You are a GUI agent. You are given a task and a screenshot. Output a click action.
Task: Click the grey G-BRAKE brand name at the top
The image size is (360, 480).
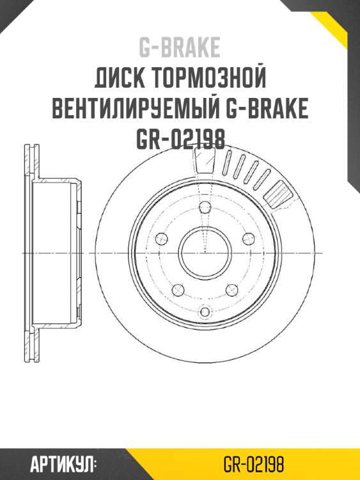click(x=180, y=47)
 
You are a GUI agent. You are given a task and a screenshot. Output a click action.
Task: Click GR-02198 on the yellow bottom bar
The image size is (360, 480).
click(x=254, y=463)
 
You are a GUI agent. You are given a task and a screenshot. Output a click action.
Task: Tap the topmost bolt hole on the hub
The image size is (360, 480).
click(x=205, y=207)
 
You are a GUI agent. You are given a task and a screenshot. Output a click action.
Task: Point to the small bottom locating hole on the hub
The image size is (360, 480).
click(x=205, y=312)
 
